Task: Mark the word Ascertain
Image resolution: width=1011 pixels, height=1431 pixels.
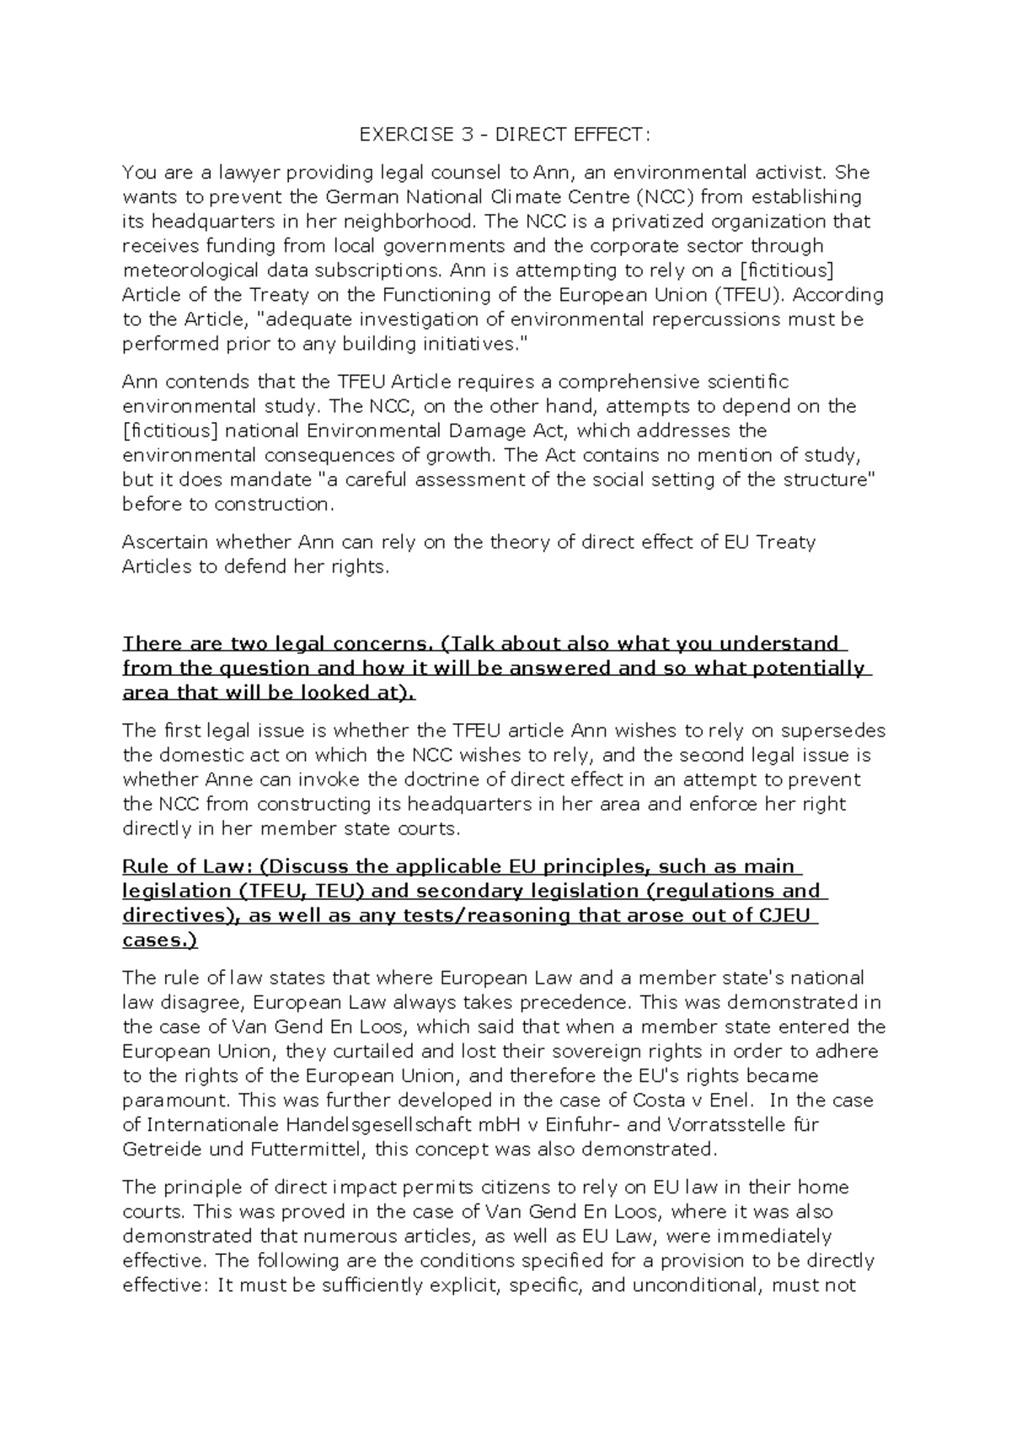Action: (x=166, y=542)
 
